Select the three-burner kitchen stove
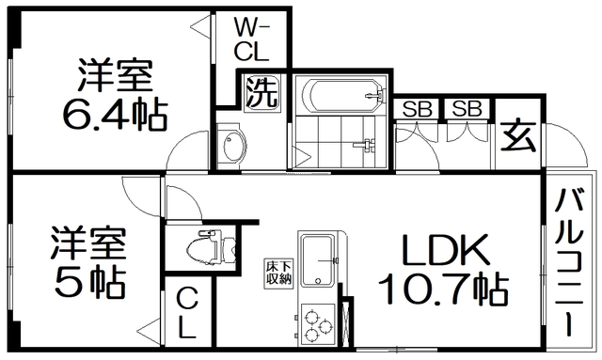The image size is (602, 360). (x=319, y=324)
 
